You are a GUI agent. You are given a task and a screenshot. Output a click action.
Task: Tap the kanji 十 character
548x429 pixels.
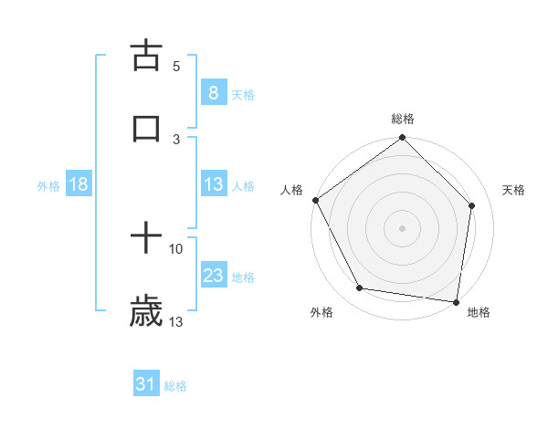click(x=146, y=240)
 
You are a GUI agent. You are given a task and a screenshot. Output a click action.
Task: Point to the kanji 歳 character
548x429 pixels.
click(x=146, y=311)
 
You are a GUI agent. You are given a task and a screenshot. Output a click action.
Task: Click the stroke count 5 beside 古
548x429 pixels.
click(x=176, y=67)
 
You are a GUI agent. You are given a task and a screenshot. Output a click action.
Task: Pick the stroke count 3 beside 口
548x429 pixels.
click(x=176, y=139)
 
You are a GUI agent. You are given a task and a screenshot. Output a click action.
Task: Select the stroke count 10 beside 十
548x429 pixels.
click(x=176, y=248)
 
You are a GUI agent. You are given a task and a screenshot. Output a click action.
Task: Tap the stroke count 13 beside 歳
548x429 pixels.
click(x=176, y=321)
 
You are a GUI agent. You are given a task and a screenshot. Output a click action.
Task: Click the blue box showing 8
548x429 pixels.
click(x=213, y=92)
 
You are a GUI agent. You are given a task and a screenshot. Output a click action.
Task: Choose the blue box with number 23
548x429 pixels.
click(x=213, y=276)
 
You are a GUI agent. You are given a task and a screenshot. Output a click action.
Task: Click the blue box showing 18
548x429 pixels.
click(x=79, y=184)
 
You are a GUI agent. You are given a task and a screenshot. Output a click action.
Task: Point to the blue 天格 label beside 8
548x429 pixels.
click(x=243, y=94)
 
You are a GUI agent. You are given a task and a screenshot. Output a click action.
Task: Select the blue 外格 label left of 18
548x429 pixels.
click(x=48, y=186)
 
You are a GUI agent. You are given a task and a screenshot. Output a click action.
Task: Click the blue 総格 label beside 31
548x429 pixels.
click(x=175, y=386)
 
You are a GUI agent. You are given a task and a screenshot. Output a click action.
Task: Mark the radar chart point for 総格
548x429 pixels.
click(x=402, y=139)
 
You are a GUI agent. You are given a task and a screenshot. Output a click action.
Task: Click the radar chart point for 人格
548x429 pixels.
click(x=316, y=200)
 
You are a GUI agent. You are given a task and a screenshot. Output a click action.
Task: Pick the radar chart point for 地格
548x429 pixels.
click(x=456, y=301)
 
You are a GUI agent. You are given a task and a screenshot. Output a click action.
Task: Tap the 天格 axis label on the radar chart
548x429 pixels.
click(x=513, y=190)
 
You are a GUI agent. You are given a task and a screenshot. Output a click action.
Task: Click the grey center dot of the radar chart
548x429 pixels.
click(x=402, y=227)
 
